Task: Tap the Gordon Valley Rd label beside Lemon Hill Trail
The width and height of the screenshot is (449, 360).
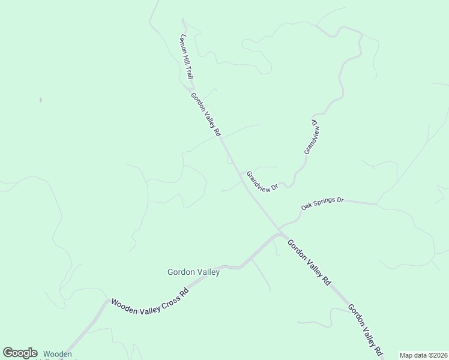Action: (x=206, y=113)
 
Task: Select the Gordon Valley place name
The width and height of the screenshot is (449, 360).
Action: (x=193, y=272)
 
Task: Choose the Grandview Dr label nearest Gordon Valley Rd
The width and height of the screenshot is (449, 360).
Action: (x=262, y=182)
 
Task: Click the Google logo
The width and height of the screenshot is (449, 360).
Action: (x=20, y=353)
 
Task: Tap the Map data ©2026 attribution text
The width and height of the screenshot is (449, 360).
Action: (x=423, y=355)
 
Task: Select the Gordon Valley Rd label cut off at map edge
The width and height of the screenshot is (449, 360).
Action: (x=364, y=331)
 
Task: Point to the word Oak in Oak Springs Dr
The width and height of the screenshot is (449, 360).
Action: (x=307, y=206)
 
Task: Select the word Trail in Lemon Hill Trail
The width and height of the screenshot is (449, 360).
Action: (x=189, y=73)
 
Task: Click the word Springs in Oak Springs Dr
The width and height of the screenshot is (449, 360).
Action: (x=324, y=202)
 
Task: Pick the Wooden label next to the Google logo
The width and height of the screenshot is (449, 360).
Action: (x=58, y=354)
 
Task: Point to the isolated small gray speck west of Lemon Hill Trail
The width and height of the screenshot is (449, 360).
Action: (x=41, y=100)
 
